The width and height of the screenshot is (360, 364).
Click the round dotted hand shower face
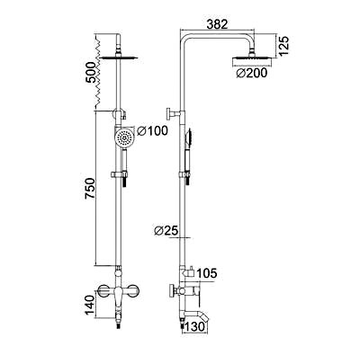coord(127,138)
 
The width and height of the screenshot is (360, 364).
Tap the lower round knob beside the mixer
coord(171,291)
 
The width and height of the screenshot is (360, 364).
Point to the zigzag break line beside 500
coord(94,72)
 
